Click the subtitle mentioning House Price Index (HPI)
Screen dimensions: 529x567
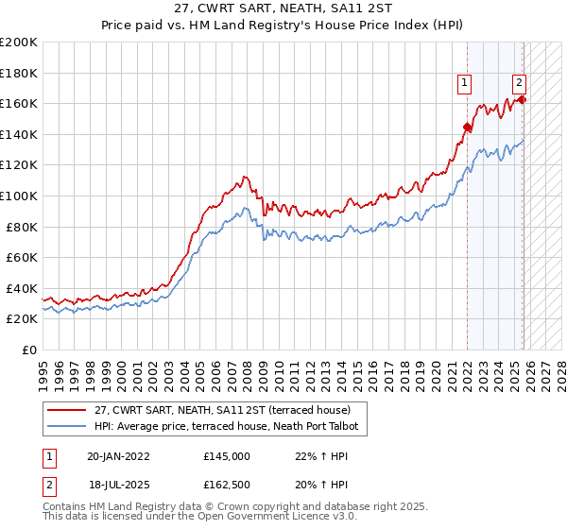pyautogui.click(x=283, y=26)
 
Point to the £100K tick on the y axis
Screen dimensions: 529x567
pyautogui.click(x=19, y=196)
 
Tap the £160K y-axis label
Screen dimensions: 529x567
pyautogui.click(x=19, y=103)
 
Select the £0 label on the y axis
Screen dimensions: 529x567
pyautogui.click(x=28, y=350)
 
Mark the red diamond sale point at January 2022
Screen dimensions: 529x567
pyautogui.click(x=467, y=127)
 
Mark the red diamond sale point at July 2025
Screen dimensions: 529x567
pyautogui.click(x=523, y=99)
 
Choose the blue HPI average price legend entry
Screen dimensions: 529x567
pyautogui.click(x=227, y=427)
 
